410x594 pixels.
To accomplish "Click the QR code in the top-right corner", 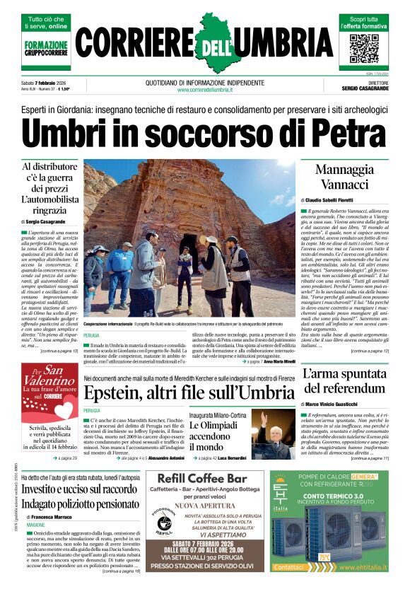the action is (364, 47).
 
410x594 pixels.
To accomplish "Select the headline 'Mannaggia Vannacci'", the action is (344, 177).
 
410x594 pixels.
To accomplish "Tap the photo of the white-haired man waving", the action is (273, 432).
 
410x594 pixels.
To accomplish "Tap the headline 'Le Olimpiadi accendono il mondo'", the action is (218, 436).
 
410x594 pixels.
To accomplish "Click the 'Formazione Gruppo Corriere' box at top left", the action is (47, 47).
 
